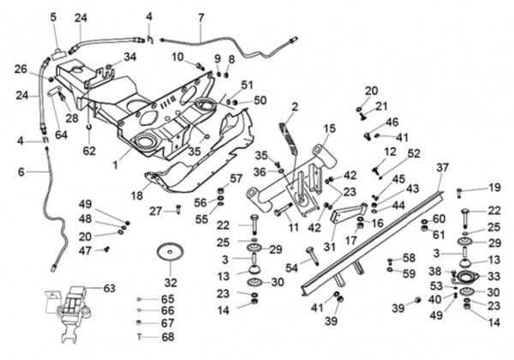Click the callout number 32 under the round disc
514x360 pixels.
tap(170, 282)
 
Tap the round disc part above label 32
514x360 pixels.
tap(170, 253)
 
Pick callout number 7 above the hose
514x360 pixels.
tap(200, 16)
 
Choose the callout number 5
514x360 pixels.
tap(53, 16)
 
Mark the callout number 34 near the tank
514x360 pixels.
tap(130, 57)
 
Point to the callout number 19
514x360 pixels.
tap(494, 187)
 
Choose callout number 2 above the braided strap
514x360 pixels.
tap(294, 106)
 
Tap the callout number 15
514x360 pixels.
tap(330, 128)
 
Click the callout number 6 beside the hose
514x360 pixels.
tap(21, 171)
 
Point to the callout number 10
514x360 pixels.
tap(177, 57)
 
